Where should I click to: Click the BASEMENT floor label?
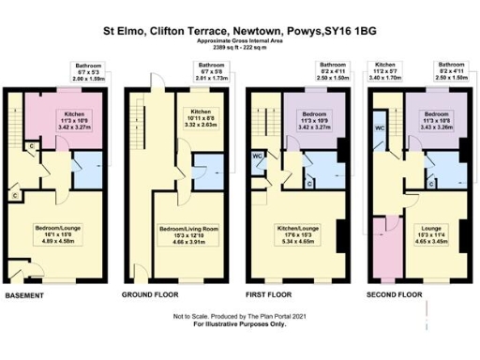coord(29,295)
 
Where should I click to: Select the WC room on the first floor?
coord(257,157)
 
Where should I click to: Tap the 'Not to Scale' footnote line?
coord(239,319)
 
